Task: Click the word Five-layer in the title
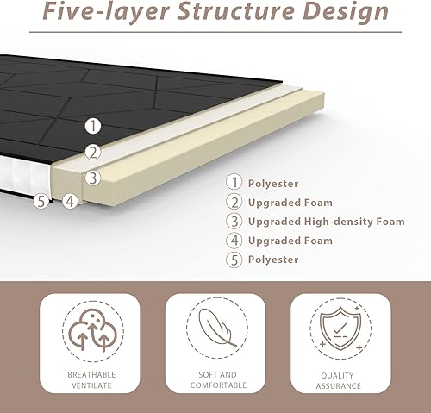click(x=106, y=11)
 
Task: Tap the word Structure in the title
click(x=236, y=10)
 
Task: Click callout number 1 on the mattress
click(x=93, y=126)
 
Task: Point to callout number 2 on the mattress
click(x=93, y=153)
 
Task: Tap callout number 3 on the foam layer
click(x=93, y=178)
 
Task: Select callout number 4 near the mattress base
click(x=70, y=201)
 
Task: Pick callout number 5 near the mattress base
click(x=42, y=201)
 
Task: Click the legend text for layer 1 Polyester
click(x=273, y=184)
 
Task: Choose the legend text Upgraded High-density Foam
click(x=327, y=222)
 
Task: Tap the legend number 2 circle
click(x=234, y=202)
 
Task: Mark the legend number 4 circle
click(x=234, y=241)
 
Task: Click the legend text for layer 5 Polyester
click(x=273, y=260)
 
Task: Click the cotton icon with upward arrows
click(x=92, y=330)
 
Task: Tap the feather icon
click(x=217, y=327)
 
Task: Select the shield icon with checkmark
click(x=340, y=329)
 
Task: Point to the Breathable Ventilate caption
click(x=91, y=380)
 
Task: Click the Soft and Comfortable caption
click(x=218, y=379)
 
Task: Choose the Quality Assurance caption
click(x=338, y=380)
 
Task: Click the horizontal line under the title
click(x=215, y=32)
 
